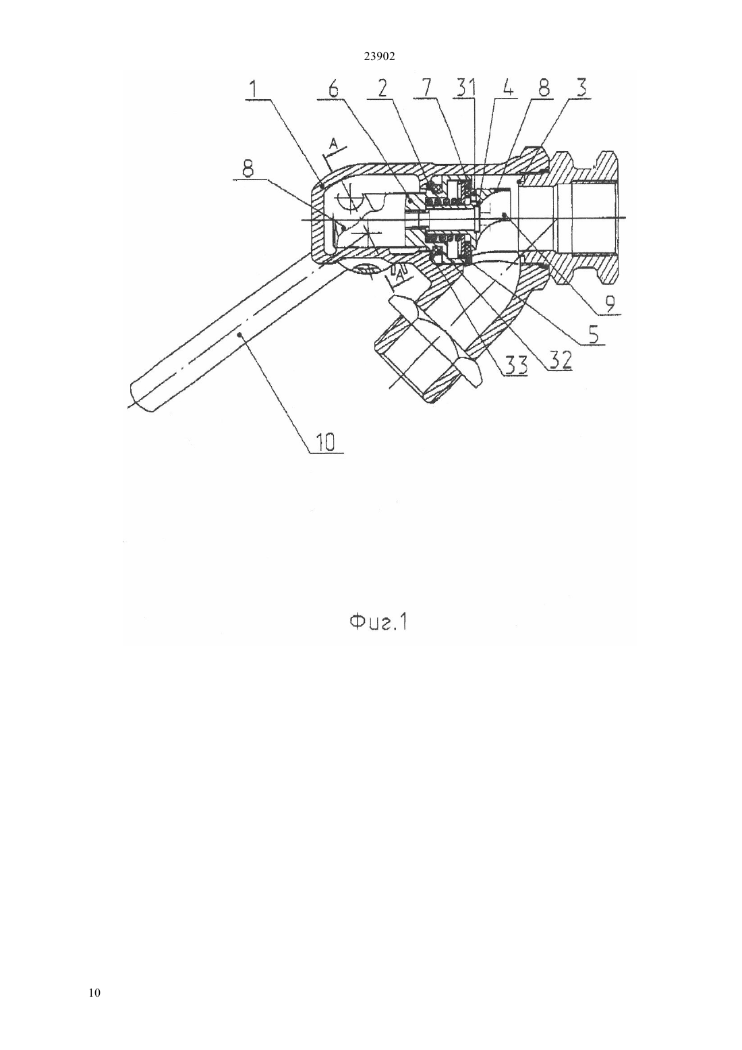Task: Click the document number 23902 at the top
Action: click(x=379, y=57)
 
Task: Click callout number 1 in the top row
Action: click(x=254, y=88)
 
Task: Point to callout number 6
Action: click(x=333, y=88)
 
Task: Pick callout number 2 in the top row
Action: click(x=382, y=88)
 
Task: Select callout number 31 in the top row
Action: click(x=464, y=88)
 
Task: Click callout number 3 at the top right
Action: click(x=581, y=88)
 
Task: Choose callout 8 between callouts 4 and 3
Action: click(x=544, y=88)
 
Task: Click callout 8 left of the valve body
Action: click(x=248, y=169)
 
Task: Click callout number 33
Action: click(x=516, y=364)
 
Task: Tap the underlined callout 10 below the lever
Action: click(x=325, y=442)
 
